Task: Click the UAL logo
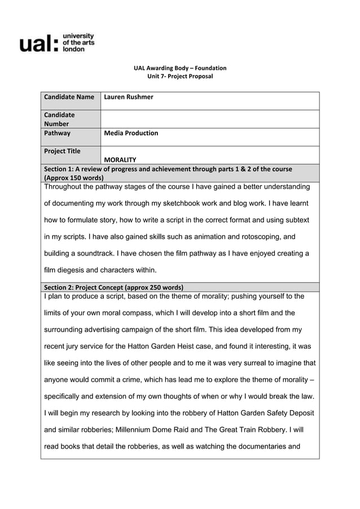57,42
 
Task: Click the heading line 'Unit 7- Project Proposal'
180,77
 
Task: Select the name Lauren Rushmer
129,97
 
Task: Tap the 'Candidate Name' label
69,97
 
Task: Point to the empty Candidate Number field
209,119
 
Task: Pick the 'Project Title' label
63,151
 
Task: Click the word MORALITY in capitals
120,160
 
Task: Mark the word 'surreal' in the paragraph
255,363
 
